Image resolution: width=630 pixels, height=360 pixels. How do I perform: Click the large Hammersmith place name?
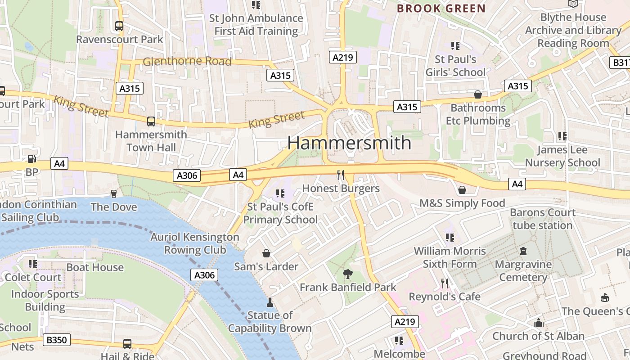[349, 143]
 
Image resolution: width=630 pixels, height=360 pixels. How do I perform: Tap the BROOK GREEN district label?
[441, 8]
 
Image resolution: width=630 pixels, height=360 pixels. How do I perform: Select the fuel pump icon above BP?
[31, 159]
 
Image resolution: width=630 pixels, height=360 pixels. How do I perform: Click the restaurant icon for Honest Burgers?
[341, 175]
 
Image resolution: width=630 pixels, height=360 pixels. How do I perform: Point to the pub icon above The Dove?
[114, 193]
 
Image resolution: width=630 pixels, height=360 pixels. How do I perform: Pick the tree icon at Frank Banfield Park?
[347, 274]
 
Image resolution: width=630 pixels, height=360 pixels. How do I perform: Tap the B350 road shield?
[57, 340]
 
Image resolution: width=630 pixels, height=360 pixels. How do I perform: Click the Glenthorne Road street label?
[187, 61]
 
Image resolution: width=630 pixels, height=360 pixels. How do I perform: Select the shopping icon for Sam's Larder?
[266, 253]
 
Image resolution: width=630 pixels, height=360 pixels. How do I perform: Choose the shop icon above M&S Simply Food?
[462, 190]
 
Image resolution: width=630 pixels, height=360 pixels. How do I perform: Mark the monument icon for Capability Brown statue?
[270, 302]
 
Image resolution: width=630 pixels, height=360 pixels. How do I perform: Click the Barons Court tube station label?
[543, 219]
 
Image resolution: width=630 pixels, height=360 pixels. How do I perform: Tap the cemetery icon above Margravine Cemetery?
[523, 251]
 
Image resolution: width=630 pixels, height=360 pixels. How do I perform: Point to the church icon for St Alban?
[538, 323]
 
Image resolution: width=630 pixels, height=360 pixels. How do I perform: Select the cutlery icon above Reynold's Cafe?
[445, 283]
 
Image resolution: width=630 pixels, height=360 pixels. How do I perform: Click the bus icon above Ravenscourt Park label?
[119, 26]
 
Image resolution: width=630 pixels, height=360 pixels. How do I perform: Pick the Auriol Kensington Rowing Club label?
[195, 243]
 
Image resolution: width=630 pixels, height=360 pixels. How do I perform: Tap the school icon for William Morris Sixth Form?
[450, 237]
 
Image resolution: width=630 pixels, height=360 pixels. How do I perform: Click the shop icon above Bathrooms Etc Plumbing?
[478, 94]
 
